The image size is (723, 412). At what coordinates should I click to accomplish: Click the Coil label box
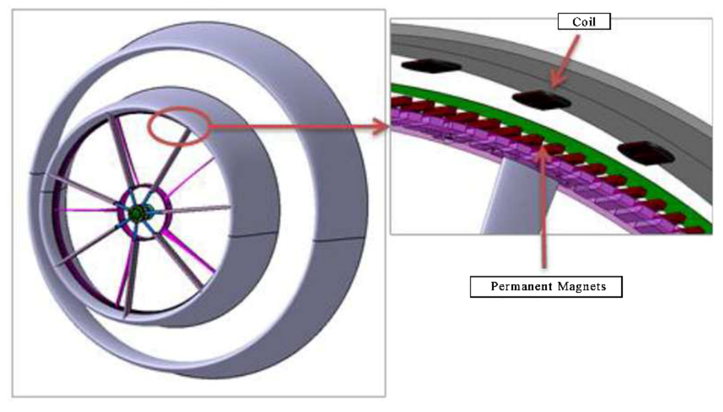(584, 22)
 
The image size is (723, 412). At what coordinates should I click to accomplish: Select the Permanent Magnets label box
(546, 287)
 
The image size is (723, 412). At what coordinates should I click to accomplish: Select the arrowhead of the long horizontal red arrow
(381, 126)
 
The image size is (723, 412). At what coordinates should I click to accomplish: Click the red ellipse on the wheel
(178, 126)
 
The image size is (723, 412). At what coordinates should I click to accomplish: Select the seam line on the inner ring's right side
(253, 234)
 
